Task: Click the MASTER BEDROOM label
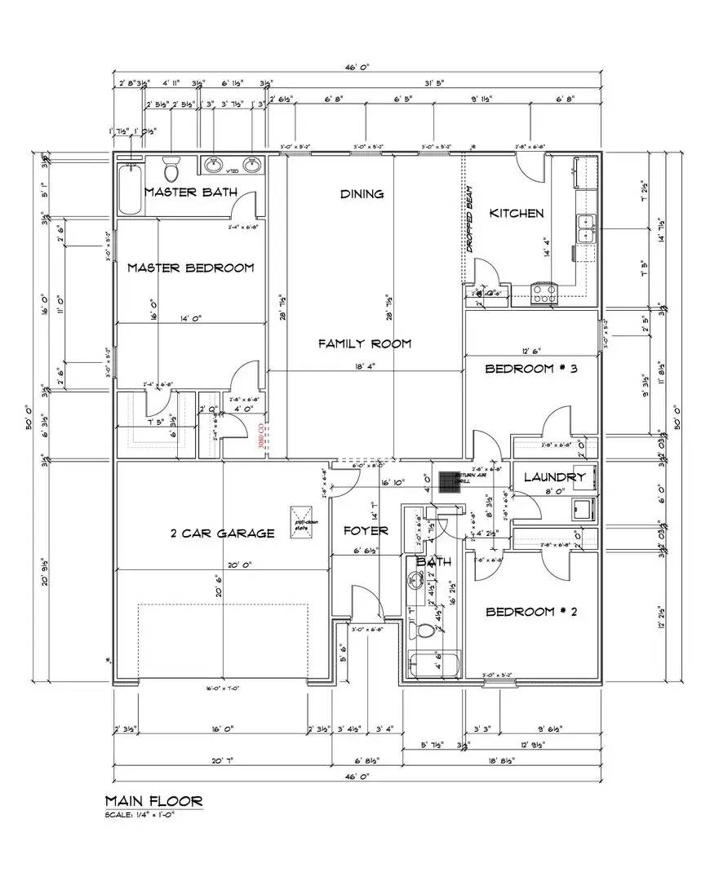[190, 268]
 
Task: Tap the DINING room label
[362, 194]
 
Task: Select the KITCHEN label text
[516, 213]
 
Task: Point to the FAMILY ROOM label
[364, 343]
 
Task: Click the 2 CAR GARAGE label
[221, 533]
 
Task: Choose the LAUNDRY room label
[555, 477]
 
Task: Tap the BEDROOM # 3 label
[531, 369]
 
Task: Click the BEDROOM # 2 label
[531, 612]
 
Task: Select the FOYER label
[365, 531]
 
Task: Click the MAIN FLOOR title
[153, 802]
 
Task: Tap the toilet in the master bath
[171, 169]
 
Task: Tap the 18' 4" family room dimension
[364, 367]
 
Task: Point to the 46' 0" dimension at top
[358, 69]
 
